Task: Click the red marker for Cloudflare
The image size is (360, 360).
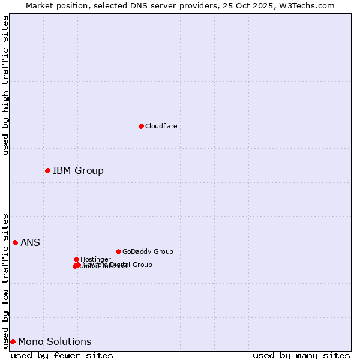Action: (141, 126)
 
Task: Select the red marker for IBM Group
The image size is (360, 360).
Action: (47, 171)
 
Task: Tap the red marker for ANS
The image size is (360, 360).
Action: (15, 242)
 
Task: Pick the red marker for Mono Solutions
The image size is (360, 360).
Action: (13, 341)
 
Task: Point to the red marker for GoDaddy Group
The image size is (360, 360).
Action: (118, 251)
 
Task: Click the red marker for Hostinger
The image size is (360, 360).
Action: (76, 259)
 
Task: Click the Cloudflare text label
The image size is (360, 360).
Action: (161, 126)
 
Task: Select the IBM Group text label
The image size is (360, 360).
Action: (78, 171)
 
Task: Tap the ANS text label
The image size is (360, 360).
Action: (30, 243)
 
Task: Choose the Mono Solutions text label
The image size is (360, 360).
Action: (55, 342)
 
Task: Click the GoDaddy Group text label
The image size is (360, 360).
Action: (148, 252)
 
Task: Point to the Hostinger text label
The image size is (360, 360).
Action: (95, 259)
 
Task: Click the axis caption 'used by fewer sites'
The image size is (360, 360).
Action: (62, 356)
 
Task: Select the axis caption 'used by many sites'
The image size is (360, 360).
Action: (301, 356)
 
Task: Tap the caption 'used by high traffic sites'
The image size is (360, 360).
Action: (5, 85)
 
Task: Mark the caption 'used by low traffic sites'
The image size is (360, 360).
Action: (5, 280)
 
